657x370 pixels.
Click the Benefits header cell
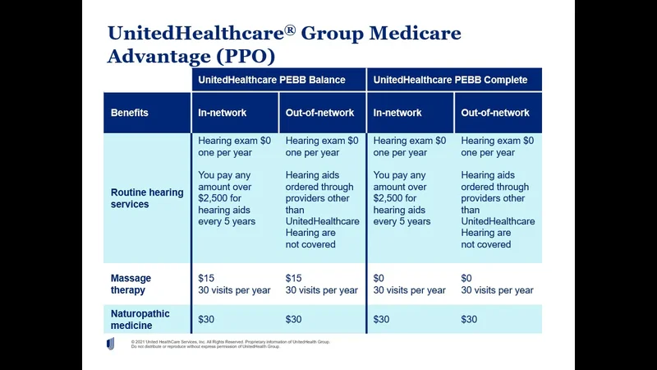click(130, 113)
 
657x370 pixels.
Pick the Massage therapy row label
click(131, 284)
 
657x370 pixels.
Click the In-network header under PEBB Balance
click(223, 113)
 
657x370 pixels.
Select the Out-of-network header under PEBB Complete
click(495, 113)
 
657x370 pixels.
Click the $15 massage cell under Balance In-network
click(206, 279)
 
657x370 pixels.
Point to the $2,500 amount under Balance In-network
click(216, 198)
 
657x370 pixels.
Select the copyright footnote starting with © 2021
click(230, 344)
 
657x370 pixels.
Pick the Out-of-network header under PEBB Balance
click(320, 113)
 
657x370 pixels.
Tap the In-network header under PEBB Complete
click(398, 113)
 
